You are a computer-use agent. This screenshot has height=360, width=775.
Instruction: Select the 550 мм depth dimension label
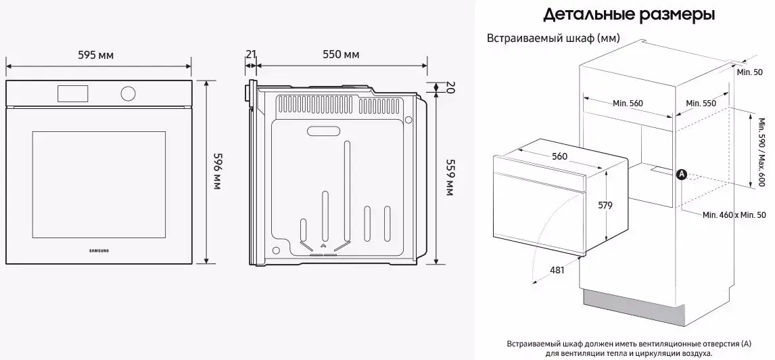tap(340, 54)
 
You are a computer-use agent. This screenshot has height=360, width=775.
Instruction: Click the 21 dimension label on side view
tap(251, 54)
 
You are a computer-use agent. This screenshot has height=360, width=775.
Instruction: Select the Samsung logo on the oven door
tap(99, 251)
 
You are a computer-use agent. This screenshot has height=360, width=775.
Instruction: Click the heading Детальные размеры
tap(629, 14)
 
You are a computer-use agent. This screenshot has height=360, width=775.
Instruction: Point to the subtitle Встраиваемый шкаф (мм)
tap(553, 38)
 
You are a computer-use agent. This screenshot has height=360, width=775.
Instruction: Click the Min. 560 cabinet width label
tap(628, 103)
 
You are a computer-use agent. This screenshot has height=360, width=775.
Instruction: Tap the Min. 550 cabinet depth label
tap(701, 103)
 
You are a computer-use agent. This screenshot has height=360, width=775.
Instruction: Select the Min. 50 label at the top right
tap(749, 72)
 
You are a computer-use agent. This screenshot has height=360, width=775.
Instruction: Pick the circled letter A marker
tap(682, 174)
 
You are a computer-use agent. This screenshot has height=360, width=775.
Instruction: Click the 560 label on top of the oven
tap(559, 156)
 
